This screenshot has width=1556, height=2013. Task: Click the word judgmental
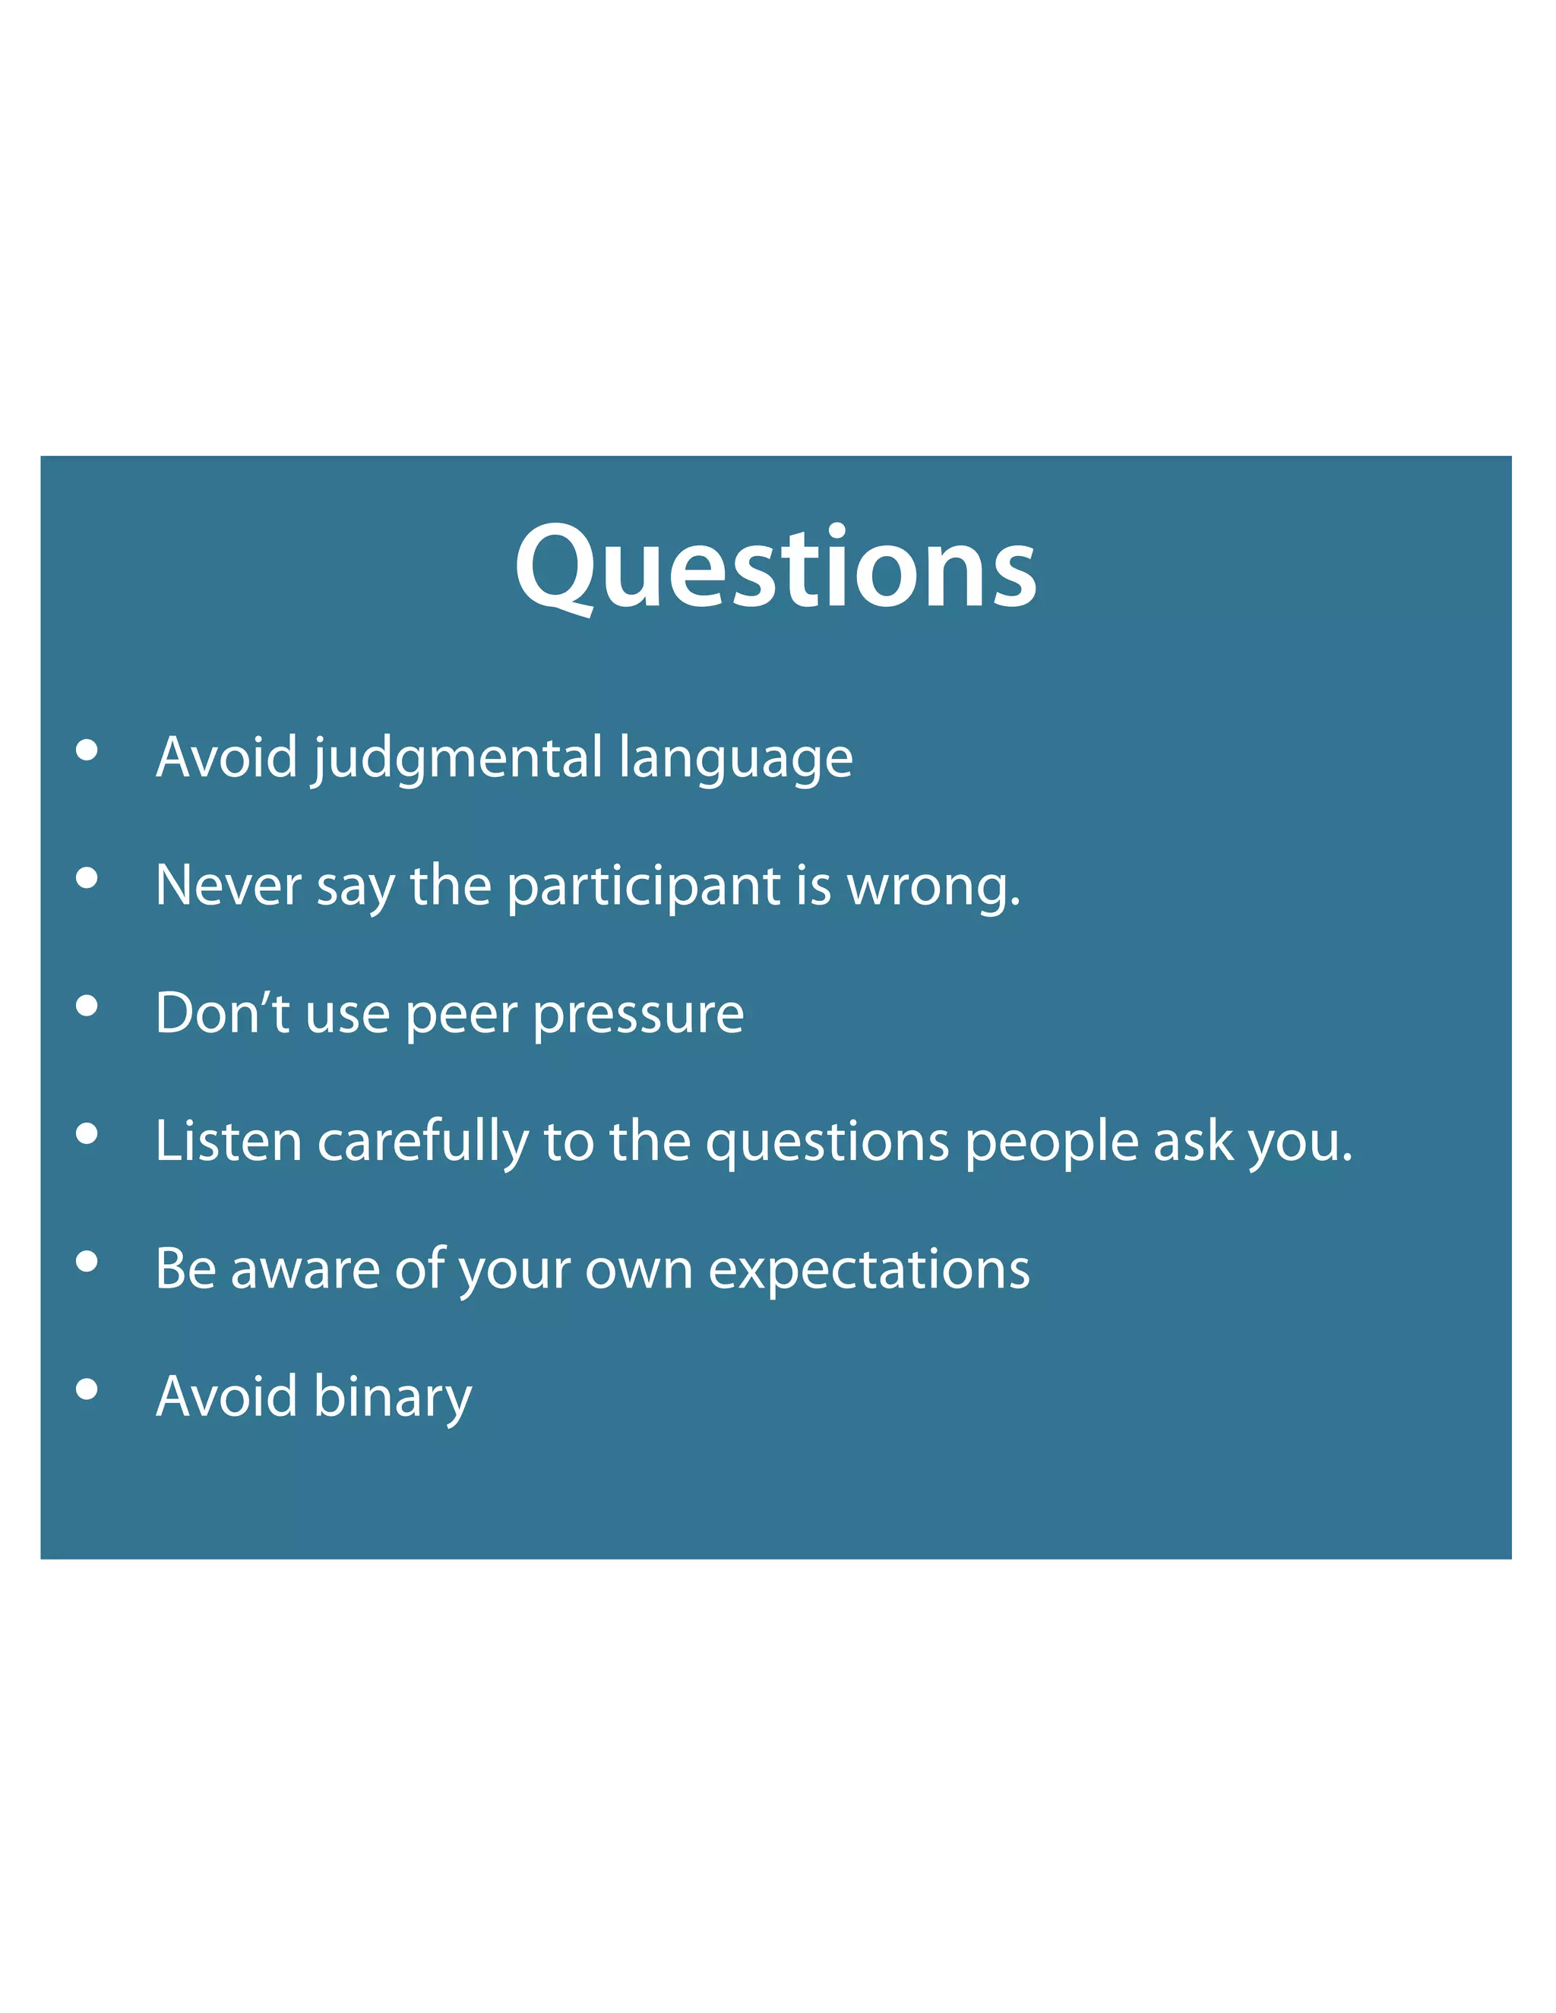[457, 759]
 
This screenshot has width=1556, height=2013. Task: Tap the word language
[735, 759]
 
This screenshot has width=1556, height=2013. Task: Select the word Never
[228, 886]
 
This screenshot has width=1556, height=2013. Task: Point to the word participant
[644, 886]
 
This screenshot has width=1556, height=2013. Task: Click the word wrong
[933, 886]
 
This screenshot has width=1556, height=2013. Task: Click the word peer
[461, 1015]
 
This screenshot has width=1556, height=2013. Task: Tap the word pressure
[638, 1015]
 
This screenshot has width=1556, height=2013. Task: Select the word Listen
[228, 1141]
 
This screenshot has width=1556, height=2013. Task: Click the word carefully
[423, 1141]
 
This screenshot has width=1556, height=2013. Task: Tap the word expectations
[868, 1271]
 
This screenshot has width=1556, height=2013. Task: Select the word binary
[393, 1397]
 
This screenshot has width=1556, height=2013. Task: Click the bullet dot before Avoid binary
[87, 1389]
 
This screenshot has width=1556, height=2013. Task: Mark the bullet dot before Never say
[87, 878]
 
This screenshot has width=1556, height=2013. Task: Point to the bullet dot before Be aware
[87, 1262]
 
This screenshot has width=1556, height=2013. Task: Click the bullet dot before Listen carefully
[87, 1133]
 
